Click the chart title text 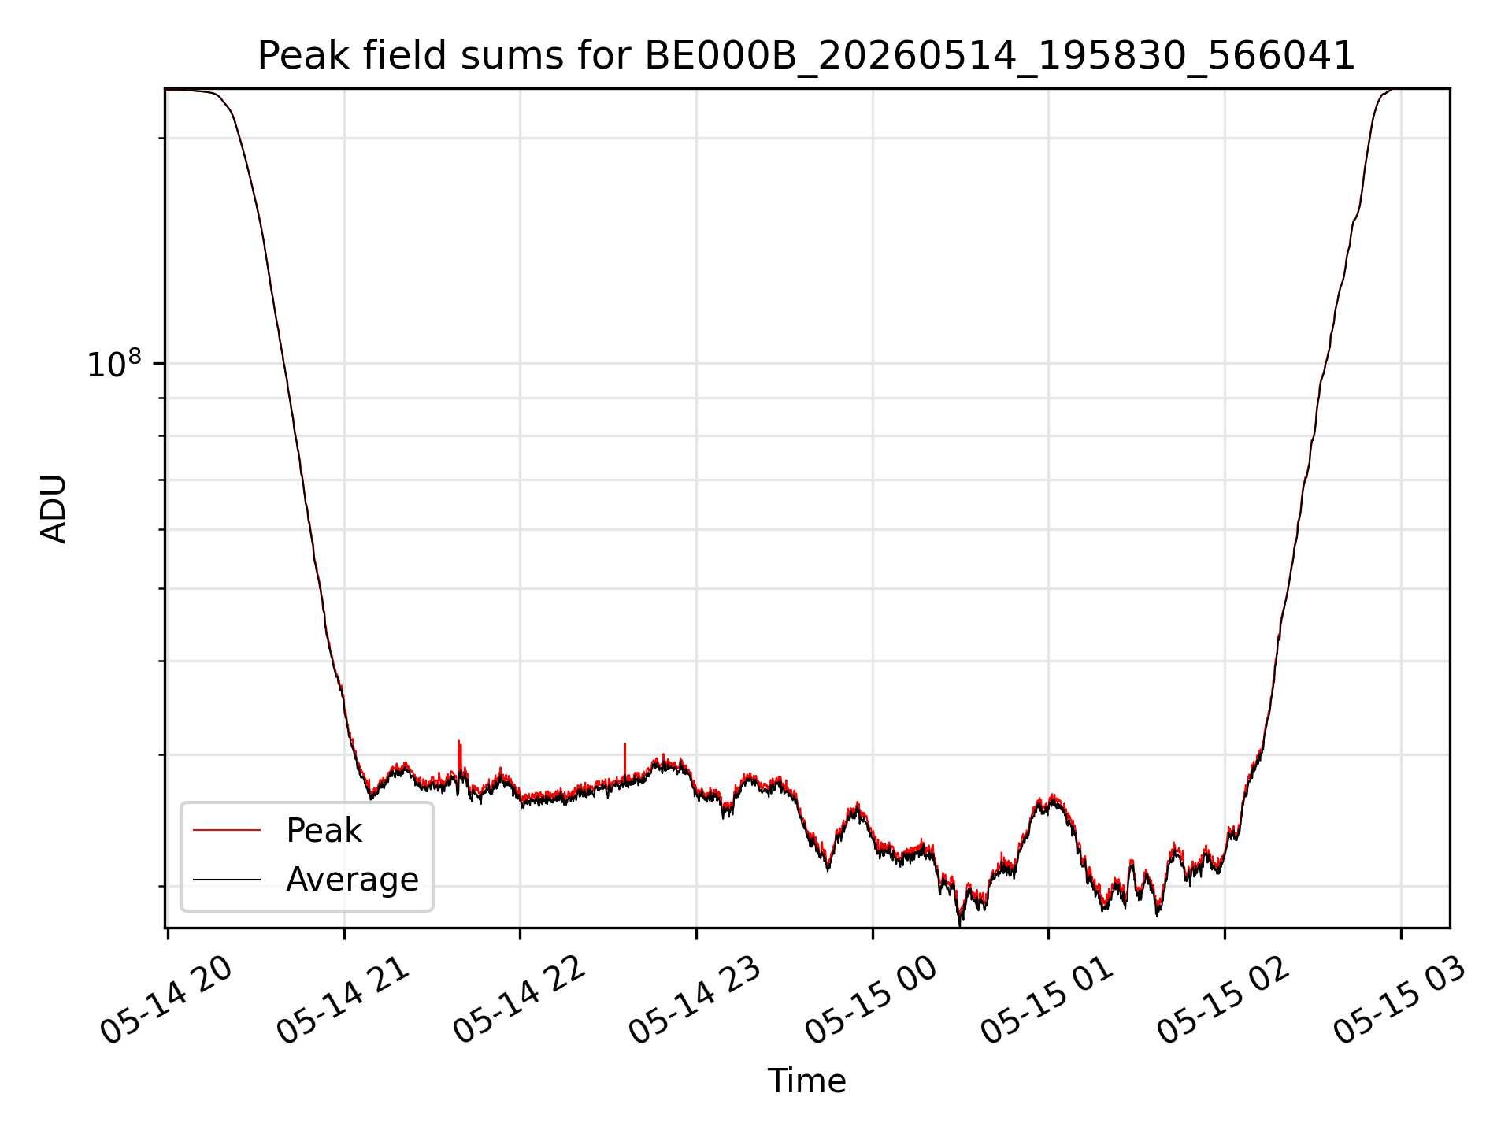806,56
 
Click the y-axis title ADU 54,508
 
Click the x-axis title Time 806,1081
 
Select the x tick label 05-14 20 167,1000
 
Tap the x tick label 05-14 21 343,1000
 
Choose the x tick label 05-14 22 520,1000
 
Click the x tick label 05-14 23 696,1000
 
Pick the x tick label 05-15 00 872,1000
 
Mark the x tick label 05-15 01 1048,1000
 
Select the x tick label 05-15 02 1225,1000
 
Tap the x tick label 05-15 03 1401,1000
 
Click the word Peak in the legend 324,831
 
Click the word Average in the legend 352,879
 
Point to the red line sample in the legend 227,830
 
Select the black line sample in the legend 227,879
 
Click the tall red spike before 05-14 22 459,756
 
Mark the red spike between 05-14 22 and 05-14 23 624,760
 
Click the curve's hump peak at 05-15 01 1052,797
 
